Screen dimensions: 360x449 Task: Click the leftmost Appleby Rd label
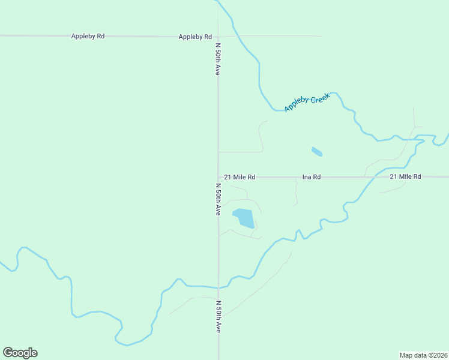click(88, 36)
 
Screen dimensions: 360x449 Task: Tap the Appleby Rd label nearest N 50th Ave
click(195, 37)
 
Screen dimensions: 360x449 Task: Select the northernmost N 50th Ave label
click(218, 59)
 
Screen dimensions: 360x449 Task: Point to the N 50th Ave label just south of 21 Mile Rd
click(218, 199)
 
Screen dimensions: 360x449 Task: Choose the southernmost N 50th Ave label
click(218, 317)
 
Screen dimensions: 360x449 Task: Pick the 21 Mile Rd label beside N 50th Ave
click(240, 177)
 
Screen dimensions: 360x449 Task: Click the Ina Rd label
click(312, 177)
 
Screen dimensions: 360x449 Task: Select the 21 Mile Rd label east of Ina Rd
click(405, 176)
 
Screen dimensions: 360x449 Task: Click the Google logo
click(20, 353)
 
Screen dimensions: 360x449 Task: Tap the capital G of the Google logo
click(8, 352)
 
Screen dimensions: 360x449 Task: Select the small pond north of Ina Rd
click(316, 151)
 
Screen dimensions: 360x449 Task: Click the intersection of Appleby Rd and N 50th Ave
click(218, 36)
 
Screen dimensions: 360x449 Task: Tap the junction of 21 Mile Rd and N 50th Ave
click(218, 177)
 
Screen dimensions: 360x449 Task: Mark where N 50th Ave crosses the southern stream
click(218, 288)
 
